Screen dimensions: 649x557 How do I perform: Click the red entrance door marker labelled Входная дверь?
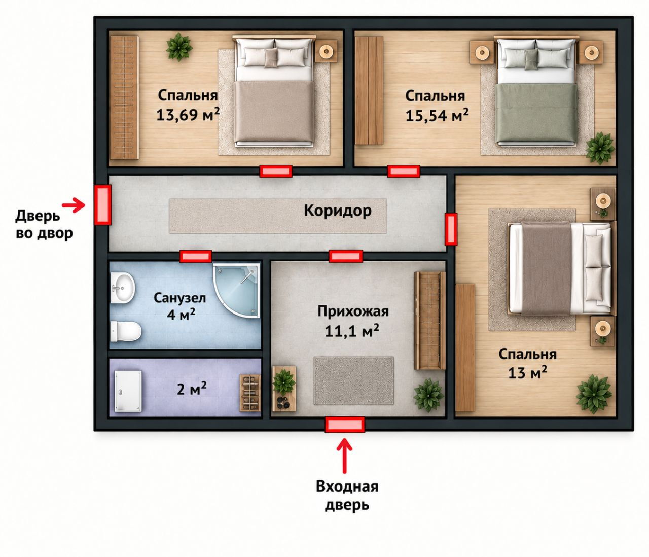point(345,425)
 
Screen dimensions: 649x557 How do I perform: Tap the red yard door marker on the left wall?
point(102,205)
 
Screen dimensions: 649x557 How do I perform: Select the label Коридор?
point(338,211)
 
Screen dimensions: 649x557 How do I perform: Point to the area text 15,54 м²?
point(437,115)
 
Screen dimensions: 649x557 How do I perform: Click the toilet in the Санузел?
point(126,331)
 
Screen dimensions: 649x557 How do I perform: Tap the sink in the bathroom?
point(123,288)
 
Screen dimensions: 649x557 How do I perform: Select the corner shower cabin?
point(237,290)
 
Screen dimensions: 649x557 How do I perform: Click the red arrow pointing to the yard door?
point(74,205)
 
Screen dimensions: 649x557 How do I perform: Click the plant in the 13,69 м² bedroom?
point(179,47)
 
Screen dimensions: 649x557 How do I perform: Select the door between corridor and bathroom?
point(196,256)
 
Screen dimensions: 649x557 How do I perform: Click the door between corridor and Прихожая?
point(346,256)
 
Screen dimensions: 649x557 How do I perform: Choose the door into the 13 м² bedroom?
point(451,229)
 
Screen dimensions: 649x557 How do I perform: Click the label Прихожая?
point(353,311)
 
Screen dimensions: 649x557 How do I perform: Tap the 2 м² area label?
point(192,390)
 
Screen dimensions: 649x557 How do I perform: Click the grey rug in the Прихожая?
point(354,381)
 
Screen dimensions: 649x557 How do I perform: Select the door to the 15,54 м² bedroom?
point(404,171)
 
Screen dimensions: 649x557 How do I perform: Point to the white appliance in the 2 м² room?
point(128,391)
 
